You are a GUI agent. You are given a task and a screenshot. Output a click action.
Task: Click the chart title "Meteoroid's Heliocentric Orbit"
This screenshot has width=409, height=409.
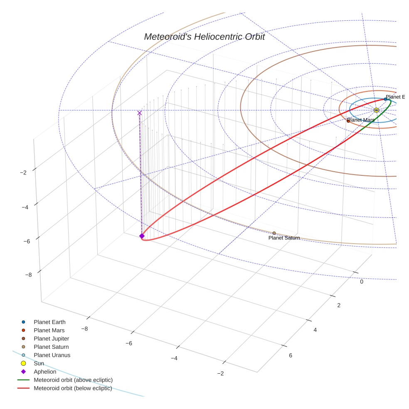pos(204,37)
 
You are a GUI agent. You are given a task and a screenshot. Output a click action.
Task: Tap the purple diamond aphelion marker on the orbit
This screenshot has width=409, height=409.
pos(142,236)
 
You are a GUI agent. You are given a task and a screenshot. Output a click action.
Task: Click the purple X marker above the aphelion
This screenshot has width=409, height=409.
pos(139,113)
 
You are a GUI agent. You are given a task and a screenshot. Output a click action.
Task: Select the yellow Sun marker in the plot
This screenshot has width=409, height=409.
pos(376,110)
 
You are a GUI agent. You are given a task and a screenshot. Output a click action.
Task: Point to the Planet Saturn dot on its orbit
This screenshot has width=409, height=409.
pos(274,233)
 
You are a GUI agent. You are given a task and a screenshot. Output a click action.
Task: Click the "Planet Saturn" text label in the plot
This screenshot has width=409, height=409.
pos(284,238)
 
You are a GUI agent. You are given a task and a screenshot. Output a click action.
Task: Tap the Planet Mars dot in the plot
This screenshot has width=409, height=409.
pos(348,121)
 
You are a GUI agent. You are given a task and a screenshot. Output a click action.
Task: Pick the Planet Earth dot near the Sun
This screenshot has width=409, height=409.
pos(385,99)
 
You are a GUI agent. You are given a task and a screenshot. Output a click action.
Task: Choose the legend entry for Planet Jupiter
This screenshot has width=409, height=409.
pos(51,339)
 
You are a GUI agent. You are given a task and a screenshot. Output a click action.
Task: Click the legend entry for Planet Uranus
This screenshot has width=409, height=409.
pos(52,355)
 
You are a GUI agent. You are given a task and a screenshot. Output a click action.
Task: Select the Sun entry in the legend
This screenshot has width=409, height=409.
pos(39,364)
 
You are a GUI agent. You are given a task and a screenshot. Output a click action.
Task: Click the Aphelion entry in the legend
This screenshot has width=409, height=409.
pos(45,372)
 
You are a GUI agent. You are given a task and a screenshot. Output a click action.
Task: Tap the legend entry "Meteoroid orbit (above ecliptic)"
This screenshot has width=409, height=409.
pos(73,380)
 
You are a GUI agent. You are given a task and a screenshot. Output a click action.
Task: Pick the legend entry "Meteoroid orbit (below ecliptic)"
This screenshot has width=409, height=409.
pos(73,389)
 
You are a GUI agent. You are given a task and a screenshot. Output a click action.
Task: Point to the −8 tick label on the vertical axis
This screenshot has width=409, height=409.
pos(28,275)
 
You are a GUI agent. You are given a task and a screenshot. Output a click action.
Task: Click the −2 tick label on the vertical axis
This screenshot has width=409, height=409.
pos(23,172)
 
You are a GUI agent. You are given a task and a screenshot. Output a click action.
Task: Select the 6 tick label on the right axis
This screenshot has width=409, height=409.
pos(290,355)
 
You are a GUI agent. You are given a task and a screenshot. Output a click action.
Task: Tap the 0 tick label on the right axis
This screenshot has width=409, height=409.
pos(361,282)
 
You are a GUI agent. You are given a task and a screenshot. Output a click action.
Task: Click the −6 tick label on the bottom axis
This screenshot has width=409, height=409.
pos(128,343)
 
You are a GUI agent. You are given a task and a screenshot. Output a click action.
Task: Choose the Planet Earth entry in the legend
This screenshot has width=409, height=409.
pos(49,322)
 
